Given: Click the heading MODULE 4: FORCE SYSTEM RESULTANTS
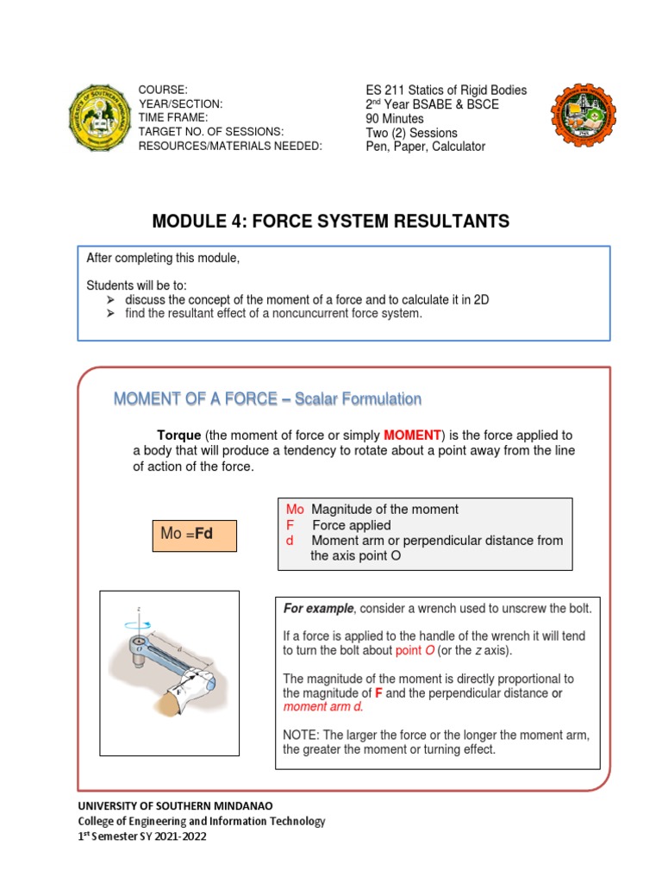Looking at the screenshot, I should (330, 222).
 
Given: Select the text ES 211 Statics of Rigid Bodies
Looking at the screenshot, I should (446, 91).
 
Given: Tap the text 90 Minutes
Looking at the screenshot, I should (395, 119).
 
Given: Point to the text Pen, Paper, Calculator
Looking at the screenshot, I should (425, 147).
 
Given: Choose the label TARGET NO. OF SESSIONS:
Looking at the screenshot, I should (211, 132).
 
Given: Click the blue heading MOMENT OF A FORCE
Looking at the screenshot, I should (267, 399).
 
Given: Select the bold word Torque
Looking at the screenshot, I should (178, 435).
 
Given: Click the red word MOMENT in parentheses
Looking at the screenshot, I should (412, 435).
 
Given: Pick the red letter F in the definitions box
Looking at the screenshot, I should (290, 525).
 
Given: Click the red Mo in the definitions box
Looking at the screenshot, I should (295, 510).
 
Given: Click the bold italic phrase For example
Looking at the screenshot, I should (318, 609).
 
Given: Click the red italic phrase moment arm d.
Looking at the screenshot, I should (323, 707).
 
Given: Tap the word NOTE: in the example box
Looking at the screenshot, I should (301, 735).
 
